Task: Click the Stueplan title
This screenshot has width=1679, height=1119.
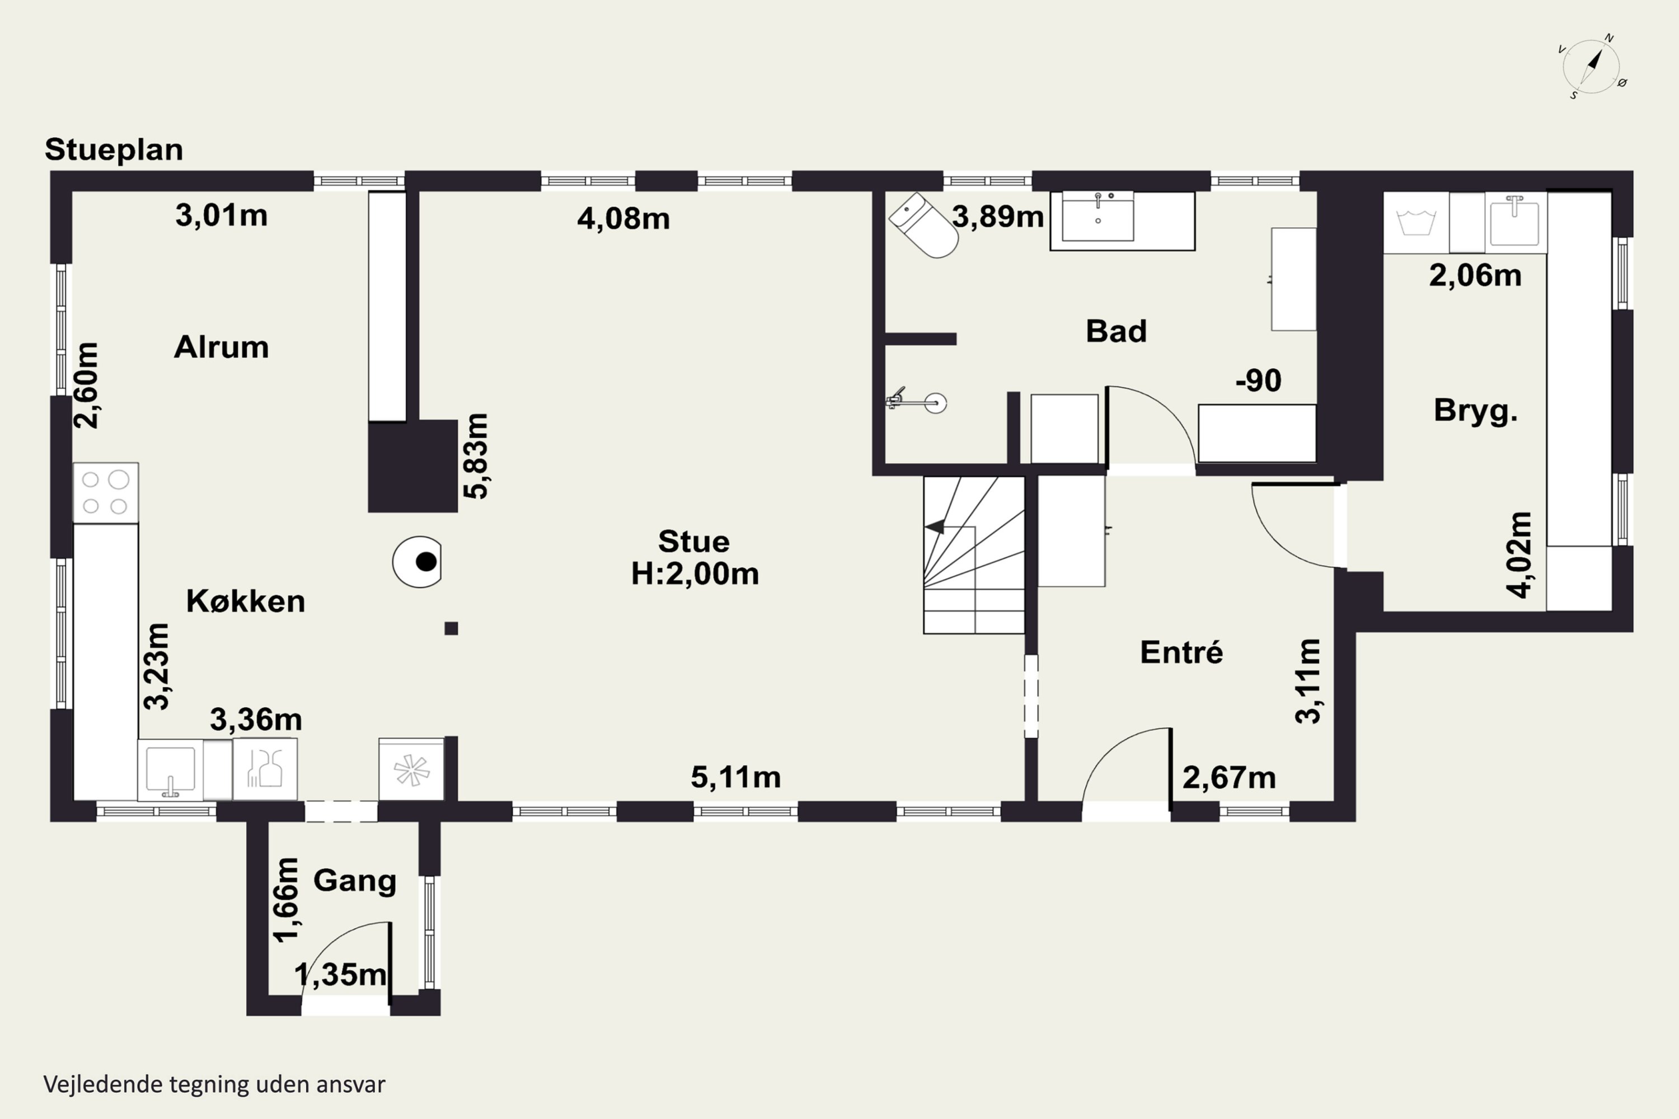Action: pos(114,150)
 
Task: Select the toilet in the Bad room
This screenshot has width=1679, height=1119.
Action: pos(924,225)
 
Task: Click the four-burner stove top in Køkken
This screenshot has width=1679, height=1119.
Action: pos(106,492)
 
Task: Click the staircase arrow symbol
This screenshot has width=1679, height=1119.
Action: pos(935,526)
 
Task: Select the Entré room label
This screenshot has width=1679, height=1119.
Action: pos(1181,652)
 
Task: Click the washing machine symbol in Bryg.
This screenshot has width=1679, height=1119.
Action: pos(1415,223)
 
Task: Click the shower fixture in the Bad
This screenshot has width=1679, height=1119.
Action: pos(917,402)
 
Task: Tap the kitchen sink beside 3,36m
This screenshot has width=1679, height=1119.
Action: pos(171,770)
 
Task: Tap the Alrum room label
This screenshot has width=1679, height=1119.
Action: pos(221,347)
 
